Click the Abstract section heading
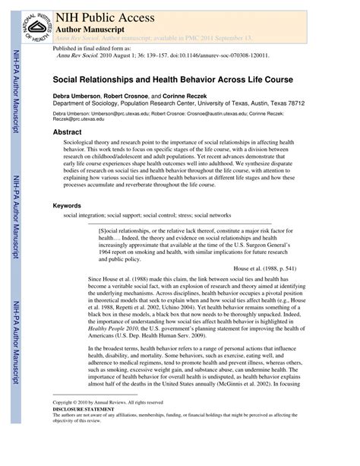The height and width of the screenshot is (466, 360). (68, 132)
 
